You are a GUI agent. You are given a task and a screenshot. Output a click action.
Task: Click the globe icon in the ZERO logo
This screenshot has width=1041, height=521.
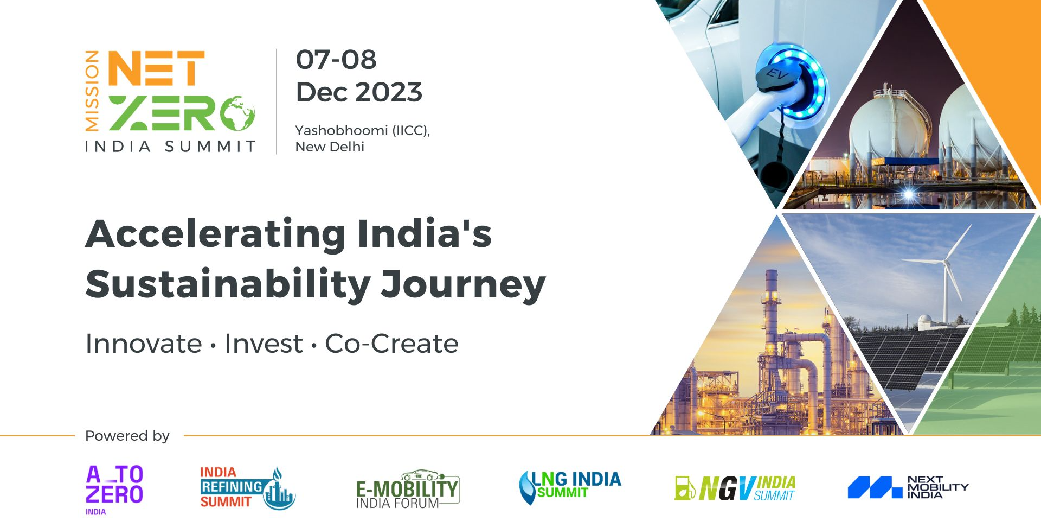click(x=237, y=113)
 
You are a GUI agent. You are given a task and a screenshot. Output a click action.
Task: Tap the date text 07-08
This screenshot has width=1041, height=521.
click(x=336, y=60)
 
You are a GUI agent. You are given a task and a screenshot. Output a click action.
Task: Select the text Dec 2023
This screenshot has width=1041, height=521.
click(x=358, y=92)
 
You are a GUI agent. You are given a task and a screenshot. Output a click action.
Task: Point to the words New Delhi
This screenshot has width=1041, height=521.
click(x=329, y=147)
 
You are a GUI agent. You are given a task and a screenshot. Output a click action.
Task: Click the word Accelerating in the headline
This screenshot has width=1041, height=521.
click(x=215, y=234)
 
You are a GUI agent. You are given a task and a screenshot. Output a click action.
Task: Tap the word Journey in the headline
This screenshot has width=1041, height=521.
click(x=462, y=285)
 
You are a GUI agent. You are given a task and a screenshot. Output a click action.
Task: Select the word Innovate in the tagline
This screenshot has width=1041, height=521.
click(x=144, y=344)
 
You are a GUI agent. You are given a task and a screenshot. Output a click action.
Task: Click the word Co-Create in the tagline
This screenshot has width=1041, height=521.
click(x=391, y=344)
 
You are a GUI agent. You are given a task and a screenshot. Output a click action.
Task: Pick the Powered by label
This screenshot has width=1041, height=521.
click(x=127, y=436)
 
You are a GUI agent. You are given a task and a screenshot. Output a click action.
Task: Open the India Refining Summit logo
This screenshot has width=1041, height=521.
click(x=247, y=488)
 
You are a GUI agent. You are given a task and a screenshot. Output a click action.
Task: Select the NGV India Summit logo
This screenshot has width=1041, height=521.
click(x=735, y=488)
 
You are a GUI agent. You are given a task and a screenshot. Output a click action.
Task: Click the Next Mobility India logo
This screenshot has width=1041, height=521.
click(x=908, y=487)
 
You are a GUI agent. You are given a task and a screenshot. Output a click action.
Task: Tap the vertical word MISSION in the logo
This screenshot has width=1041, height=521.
click(x=92, y=91)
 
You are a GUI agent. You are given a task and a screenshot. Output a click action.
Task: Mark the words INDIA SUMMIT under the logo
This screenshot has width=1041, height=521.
click(x=170, y=147)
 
